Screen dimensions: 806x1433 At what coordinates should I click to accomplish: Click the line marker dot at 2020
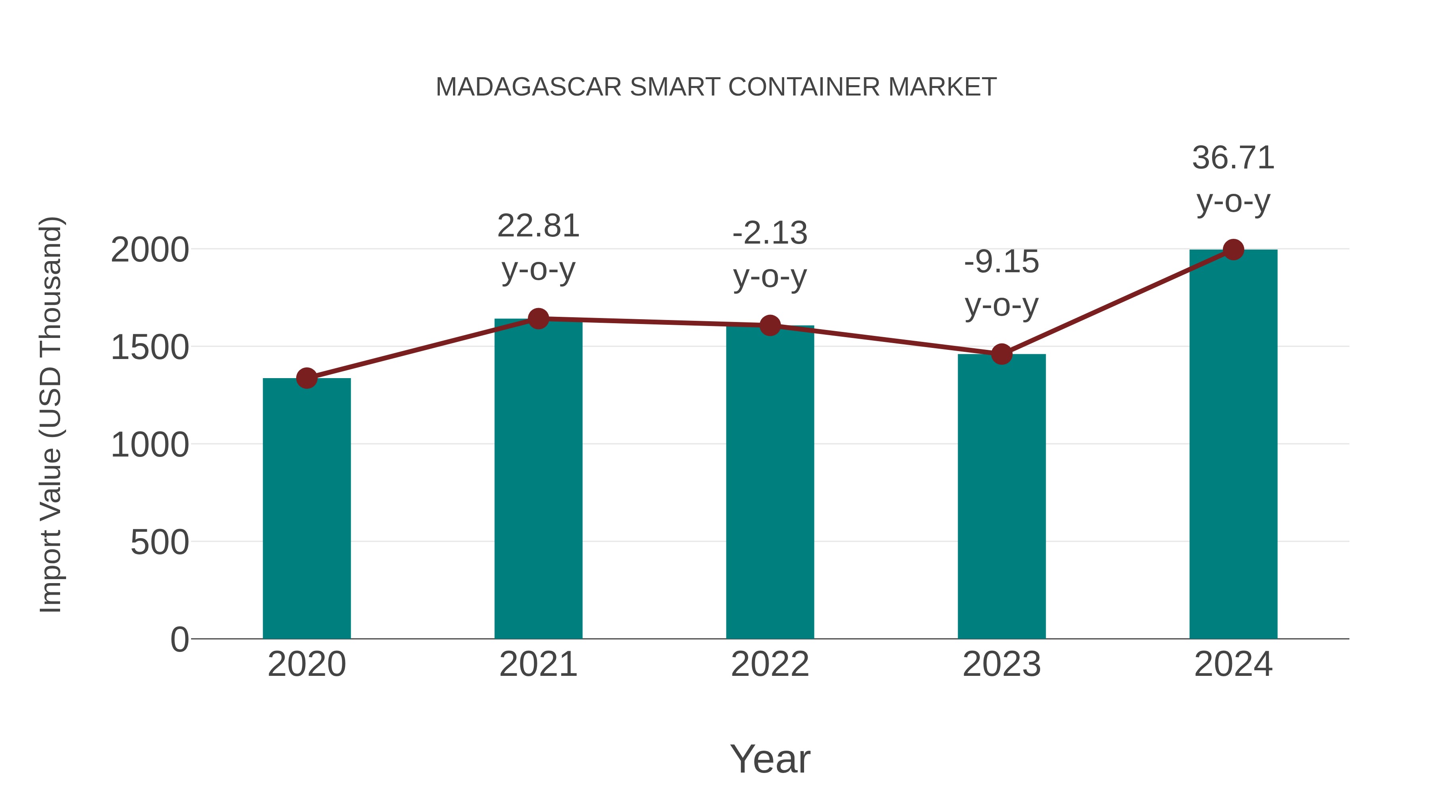click(307, 378)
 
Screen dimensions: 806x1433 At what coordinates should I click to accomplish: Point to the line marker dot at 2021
click(538, 319)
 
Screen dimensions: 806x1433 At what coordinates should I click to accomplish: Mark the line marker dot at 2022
click(770, 326)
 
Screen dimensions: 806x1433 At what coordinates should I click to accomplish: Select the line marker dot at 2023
click(1002, 354)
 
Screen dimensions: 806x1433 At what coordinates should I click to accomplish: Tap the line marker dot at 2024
click(1233, 250)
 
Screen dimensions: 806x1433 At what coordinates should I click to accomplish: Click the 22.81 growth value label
click(538, 226)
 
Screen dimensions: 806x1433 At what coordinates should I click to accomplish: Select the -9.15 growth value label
click(1002, 262)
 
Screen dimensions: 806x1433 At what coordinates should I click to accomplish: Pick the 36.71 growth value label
click(1233, 158)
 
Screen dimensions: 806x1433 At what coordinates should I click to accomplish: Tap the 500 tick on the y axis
click(160, 543)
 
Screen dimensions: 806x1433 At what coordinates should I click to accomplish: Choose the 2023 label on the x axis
click(1002, 664)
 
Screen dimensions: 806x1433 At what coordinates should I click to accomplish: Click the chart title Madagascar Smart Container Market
click(716, 87)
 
